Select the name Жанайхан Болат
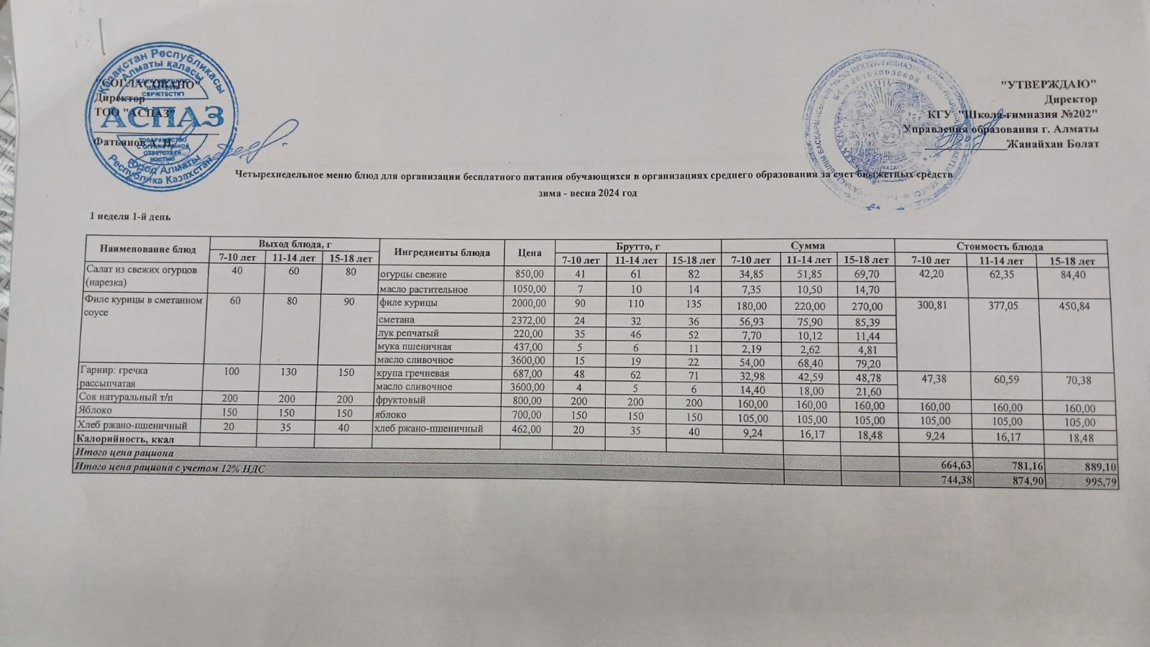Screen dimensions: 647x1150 [1053, 144]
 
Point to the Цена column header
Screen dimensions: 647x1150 [529, 253]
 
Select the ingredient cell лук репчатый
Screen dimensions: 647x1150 [408, 334]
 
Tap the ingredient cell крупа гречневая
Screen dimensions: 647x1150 [414, 374]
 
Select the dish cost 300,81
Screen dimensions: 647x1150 [933, 306]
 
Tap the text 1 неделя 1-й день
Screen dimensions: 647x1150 [129, 216]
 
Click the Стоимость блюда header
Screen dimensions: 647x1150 [1003, 247]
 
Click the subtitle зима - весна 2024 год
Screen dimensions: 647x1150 [588, 193]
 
